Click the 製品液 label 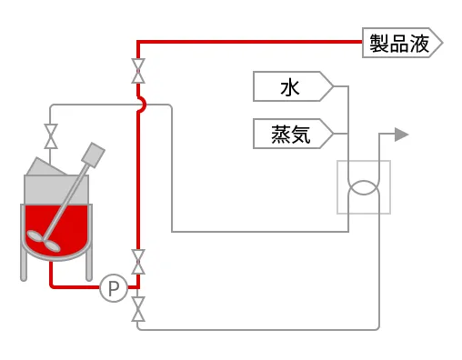pos(401,43)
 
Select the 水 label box pos(291,87)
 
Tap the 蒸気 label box pos(291,134)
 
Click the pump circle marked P pos(114,288)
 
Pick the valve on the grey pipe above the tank pos(52,136)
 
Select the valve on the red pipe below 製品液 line pos(138,71)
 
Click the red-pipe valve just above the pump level pos(138,262)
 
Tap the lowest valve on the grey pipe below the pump pos(138,308)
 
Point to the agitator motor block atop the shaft pos(92,154)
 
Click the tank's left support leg pos(24,265)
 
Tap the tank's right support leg pos(89,265)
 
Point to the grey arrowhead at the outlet pos(401,135)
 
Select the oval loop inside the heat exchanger pos(364,186)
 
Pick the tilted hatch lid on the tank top pos(42,166)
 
